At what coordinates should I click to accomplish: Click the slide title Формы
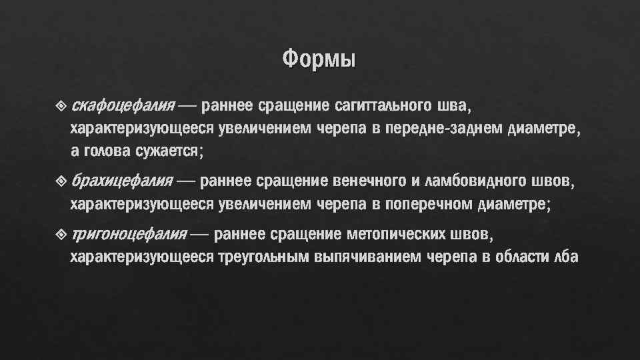pyautogui.click(x=319, y=59)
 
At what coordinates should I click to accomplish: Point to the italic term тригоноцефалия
pyautogui.click(x=129, y=234)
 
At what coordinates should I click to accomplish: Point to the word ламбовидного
pyautogui.click(x=477, y=180)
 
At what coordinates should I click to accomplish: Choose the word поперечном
pyautogui.click(x=427, y=203)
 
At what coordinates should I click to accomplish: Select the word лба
pyautogui.click(x=567, y=257)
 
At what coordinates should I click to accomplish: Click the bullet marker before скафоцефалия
pyautogui.click(x=62, y=105)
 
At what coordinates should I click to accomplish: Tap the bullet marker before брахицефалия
pyautogui.click(x=62, y=180)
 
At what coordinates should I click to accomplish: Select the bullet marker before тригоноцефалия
pyautogui.click(x=62, y=234)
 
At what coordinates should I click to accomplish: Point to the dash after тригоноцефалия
pyautogui.click(x=202, y=235)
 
